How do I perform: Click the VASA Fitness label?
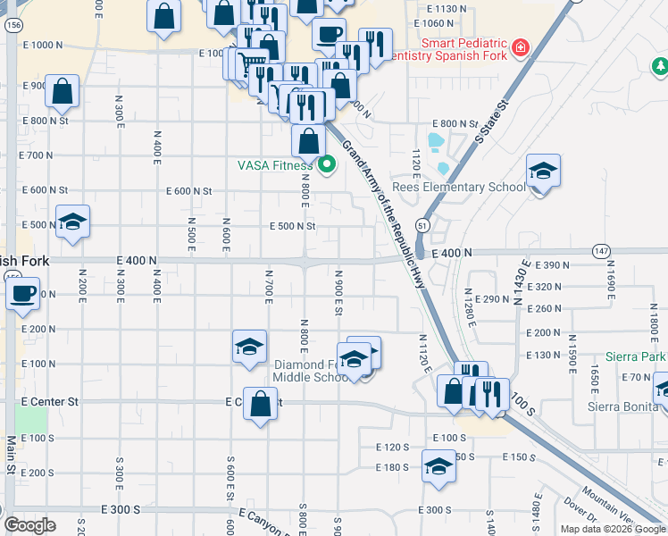click(275, 164)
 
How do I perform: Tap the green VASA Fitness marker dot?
click(326, 163)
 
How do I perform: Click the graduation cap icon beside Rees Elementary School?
click(542, 171)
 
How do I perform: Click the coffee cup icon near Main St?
click(22, 293)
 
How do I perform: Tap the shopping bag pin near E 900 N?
click(62, 91)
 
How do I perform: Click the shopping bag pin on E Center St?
click(259, 404)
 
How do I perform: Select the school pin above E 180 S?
click(438, 467)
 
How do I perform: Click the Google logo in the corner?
click(29, 525)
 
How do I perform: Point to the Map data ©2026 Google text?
click(614, 529)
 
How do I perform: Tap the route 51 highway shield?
click(422, 227)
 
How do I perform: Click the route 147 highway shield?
click(600, 252)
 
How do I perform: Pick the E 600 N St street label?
click(190, 191)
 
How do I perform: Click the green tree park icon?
click(659, 66)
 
